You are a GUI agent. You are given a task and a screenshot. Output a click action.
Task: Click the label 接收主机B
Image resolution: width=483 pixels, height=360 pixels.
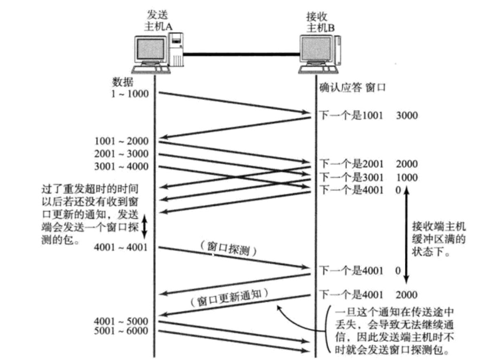[x=320, y=19]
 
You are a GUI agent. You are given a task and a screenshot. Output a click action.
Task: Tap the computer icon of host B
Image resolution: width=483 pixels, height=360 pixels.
[x=320, y=53]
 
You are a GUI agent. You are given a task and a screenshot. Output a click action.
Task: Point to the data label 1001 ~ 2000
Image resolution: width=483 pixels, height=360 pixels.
[x=121, y=141]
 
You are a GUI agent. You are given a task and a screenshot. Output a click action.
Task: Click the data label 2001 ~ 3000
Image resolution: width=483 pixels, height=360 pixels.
[x=121, y=154]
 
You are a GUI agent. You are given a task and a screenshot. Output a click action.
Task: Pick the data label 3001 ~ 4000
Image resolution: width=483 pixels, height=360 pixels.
[x=121, y=166]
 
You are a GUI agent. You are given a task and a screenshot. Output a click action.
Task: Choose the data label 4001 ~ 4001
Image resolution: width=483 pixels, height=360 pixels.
[x=121, y=248]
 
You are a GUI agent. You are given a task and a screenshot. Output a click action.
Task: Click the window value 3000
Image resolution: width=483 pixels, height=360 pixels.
[x=407, y=116]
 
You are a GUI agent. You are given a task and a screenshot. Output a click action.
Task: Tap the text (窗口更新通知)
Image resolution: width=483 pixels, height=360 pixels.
[x=229, y=296]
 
